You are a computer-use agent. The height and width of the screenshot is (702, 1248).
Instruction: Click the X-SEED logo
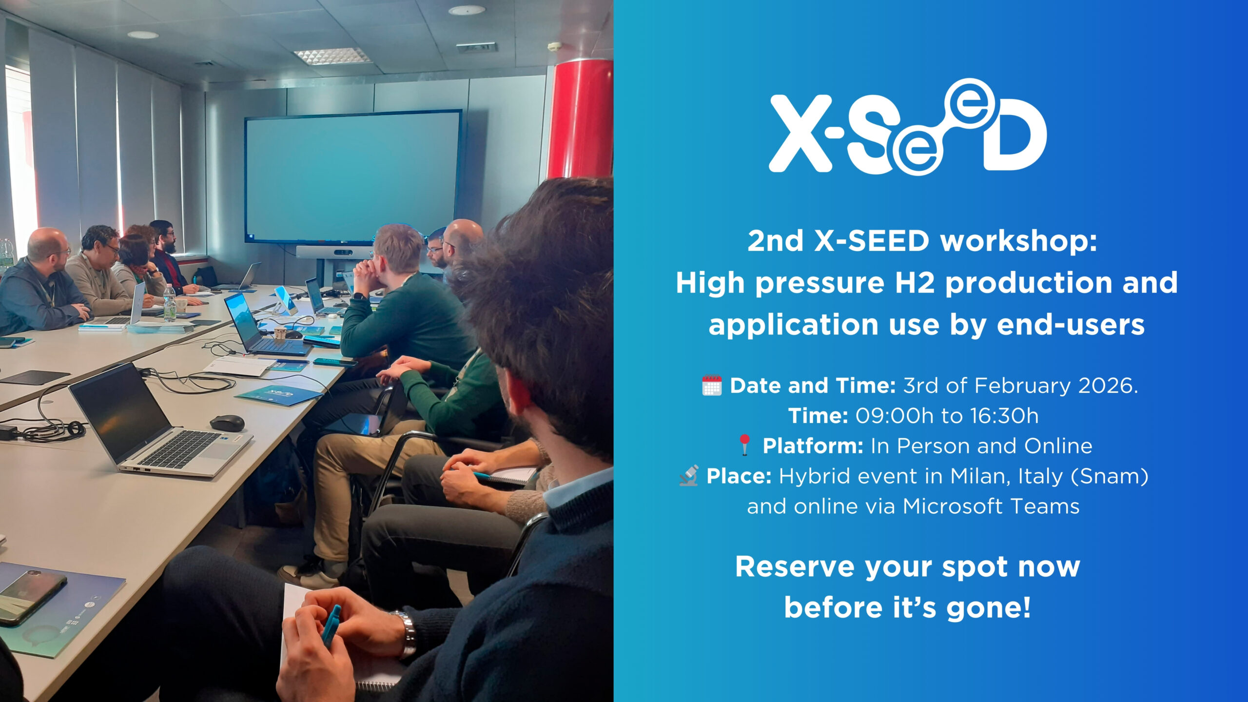908,127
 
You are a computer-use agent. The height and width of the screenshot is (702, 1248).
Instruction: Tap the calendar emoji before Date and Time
711,386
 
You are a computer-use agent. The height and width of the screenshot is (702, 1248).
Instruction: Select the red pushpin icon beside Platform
744,446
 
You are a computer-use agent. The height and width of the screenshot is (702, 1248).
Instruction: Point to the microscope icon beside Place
688,476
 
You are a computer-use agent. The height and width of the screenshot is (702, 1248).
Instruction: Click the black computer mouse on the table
227,423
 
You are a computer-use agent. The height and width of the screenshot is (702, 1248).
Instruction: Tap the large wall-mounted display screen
353,176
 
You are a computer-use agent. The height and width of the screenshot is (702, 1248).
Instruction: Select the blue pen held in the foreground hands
331,625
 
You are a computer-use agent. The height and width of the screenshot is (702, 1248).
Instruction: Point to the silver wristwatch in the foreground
407,634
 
